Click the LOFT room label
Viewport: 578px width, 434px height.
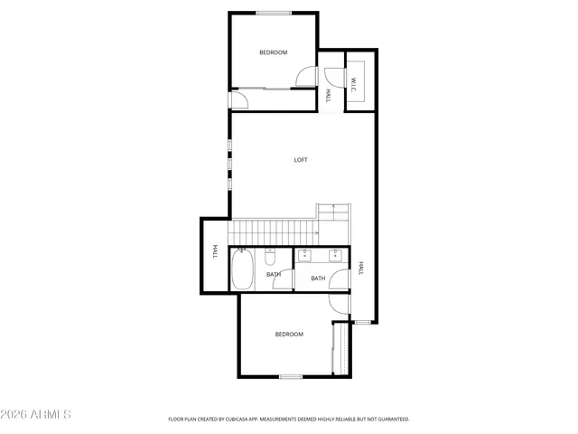(x=301, y=160)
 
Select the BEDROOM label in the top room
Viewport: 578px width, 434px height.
(x=273, y=52)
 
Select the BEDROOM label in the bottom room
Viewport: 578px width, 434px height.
(x=289, y=335)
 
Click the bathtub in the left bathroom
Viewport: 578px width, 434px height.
(x=243, y=270)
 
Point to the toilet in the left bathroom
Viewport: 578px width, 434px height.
(x=270, y=253)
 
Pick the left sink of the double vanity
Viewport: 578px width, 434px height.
(x=306, y=255)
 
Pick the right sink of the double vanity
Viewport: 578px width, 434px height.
(x=336, y=255)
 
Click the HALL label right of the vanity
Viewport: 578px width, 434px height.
(x=360, y=268)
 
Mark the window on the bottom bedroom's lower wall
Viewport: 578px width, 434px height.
(x=290, y=376)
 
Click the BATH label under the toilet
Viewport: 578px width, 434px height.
(x=274, y=274)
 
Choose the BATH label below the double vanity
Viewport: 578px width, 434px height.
(x=318, y=278)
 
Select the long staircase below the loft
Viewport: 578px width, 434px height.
(x=271, y=232)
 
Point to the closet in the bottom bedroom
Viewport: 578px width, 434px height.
(x=340, y=349)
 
